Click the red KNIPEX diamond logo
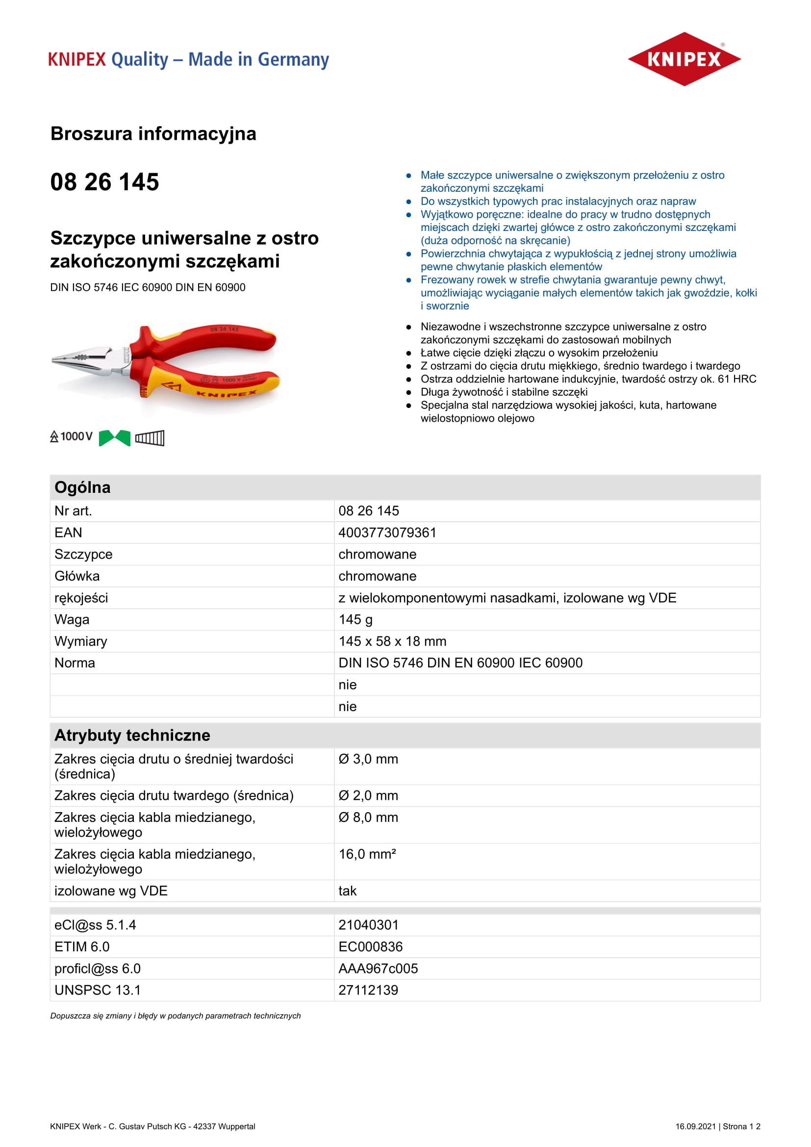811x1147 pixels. pyautogui.click(x=684, y=59)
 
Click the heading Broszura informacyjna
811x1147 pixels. pyautogui.click(x=153, y=134)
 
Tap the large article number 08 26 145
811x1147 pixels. pyautogui.click(x=104, y=182)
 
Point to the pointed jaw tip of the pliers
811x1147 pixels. pyautogui.click(x=54, y=359)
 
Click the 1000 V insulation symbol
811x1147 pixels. pyautogui.click(x=72, y=436)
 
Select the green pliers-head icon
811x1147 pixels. pyautogui.click(x=114, y=438)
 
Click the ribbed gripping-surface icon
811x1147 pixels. pyautogui.click(x=150, y=438)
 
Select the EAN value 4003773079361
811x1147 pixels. pyautogui.click(x=387, y=533)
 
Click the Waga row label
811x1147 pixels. pyautogui.click(x=72, y=619)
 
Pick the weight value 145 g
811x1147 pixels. pyautogui.click(x=355, y=619)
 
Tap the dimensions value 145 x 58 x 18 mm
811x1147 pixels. pyautogui.click(x=392, y=641)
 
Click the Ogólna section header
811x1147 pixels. pyautogui.click(x=82, y=487)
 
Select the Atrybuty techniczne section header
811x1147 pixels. pyautogui.click(x=132, y=736)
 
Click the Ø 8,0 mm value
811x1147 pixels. pyautogui.click(x=368, y=817)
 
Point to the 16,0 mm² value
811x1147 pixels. pyautogui.click(x=367, y=854)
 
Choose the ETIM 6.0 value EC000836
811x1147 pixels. pyautogui.click(x=370, y=946)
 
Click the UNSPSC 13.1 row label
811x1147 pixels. pyautogui.click(x=98, y=990)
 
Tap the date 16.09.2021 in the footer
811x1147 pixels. pyautogui.click(x=695, y=1126)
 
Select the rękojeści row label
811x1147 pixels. pyautogui.click(x=81, y=598)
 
